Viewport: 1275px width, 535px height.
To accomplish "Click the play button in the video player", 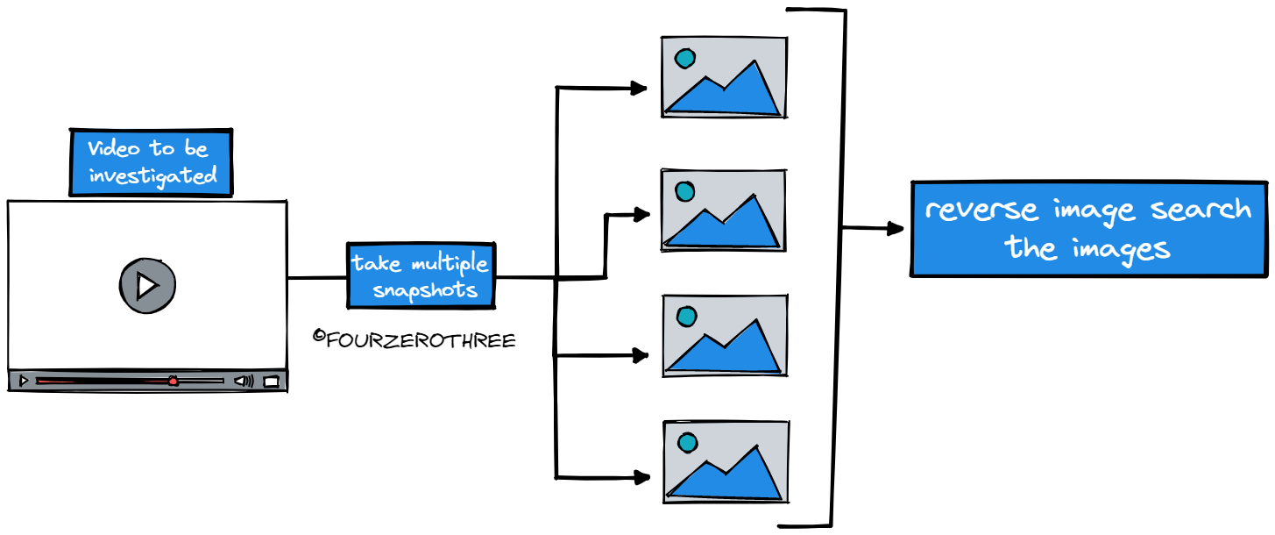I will [147, 285].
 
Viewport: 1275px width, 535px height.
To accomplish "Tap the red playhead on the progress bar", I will [174, 382].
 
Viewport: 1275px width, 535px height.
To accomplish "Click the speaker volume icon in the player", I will [243, 382].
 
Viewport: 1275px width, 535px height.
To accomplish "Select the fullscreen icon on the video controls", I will [272, 382].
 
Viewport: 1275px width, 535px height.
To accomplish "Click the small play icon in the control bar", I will [24, 382].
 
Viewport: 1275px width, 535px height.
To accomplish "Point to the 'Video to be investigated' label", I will [152, 162].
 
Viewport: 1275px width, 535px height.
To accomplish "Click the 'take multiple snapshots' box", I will [421, 276].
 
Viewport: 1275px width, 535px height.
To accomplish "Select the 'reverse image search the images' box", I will [1088, 228].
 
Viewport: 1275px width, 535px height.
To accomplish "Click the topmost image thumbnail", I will [724, 77].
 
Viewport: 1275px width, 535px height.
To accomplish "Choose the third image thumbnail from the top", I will [725, 336].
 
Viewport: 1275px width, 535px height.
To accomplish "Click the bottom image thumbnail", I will [726, 460].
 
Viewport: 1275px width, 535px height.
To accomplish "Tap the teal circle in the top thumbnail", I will [684, 59].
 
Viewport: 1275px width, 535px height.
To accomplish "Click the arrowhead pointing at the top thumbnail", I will [639, 88].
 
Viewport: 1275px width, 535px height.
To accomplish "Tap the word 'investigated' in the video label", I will [152, 175].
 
